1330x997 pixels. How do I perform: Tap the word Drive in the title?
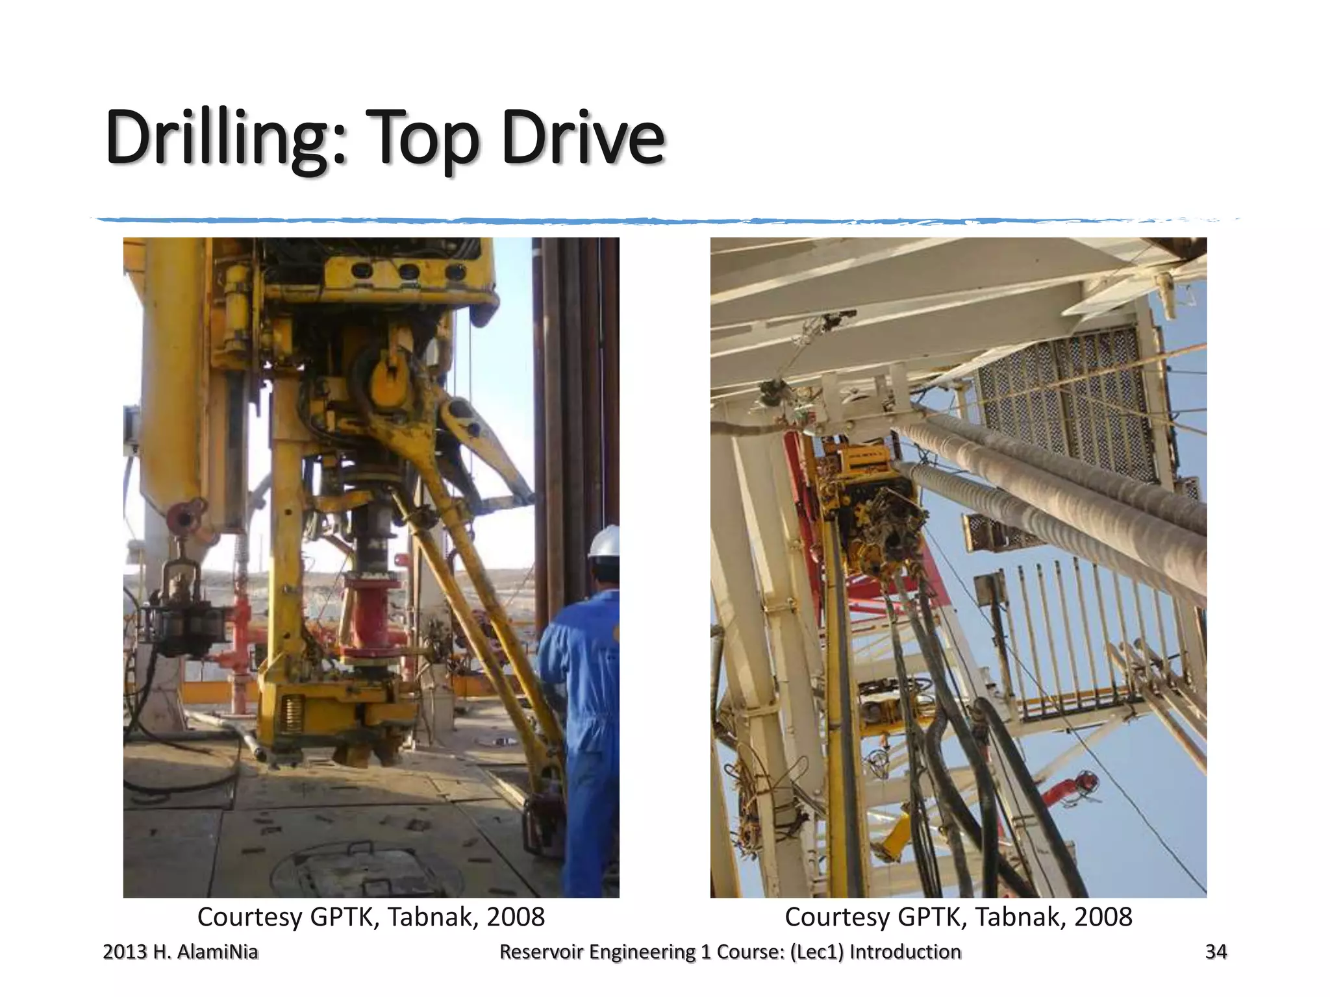click(x=583, y=138)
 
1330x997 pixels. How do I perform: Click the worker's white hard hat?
click(x=605, y=541)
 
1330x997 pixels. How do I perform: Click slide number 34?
click(x=1216, y=952)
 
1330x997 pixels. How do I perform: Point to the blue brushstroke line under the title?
click(x=649, y=221)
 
